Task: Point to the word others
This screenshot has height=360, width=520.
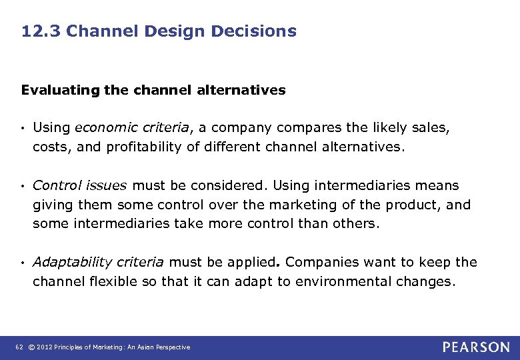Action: click(356, 223)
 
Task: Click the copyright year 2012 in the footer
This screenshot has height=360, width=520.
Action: click(45, 347)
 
